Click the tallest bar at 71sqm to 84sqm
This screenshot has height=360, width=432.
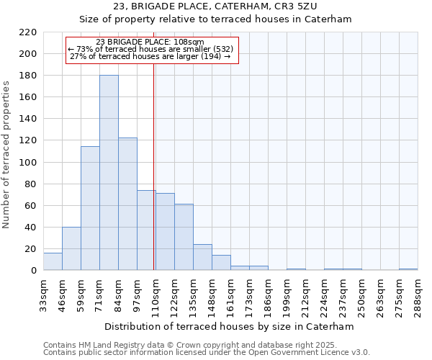point(109,173)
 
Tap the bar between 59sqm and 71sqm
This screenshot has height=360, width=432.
point(90,209)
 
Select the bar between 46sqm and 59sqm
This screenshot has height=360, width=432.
point(71,248)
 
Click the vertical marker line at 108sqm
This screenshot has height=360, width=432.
point(154,166)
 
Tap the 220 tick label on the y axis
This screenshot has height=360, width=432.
point(27,32)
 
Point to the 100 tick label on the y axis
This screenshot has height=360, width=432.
point(27,162)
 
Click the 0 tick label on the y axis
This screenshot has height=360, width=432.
point(33,271)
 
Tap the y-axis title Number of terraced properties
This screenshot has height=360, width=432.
point(6,155)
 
